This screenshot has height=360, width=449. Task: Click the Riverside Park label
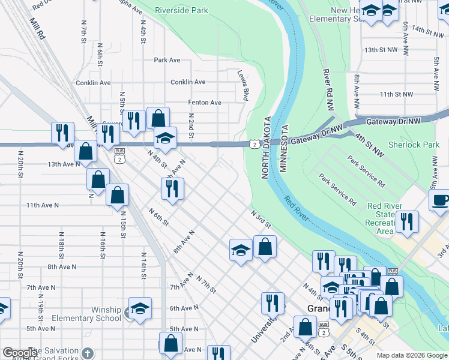[181, 11]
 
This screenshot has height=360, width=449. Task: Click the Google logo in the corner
[20, 353]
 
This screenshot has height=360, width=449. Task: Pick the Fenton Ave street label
[205, 103]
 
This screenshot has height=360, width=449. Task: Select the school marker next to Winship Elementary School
[139, 308]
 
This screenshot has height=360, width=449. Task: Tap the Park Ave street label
[167, 60]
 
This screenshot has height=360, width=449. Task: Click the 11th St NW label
[397, 94]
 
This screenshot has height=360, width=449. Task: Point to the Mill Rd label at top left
[37, 28]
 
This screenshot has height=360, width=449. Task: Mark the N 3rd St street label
[261, 218]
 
